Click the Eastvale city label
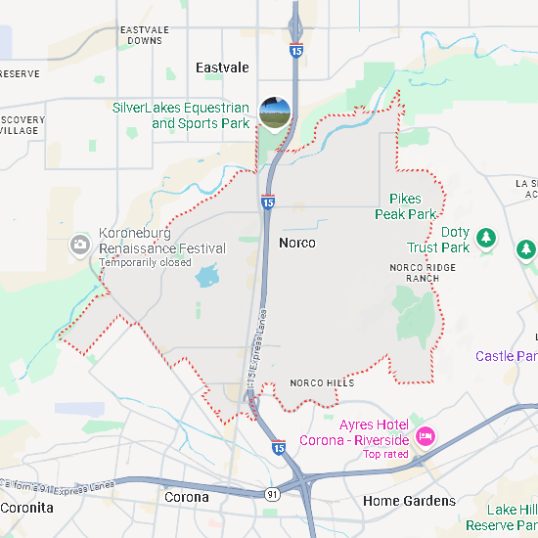(x=222, y=67)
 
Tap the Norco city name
(x=296, y=242)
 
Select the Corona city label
(x=186, y=497)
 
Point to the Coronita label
(x=26, y=508)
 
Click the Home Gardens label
(x=409, y=501)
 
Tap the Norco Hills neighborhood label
(x=322, y=382)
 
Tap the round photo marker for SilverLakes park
(x=275, y=113)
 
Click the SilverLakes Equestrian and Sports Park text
(x=181, y=115)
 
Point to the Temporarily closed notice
(x=145, y=262)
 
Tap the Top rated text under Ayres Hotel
(x=385, y=454)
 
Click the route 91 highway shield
(x=271, y=494)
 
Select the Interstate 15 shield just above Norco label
(x=267, y=202)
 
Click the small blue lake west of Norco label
(x=206, y=277)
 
